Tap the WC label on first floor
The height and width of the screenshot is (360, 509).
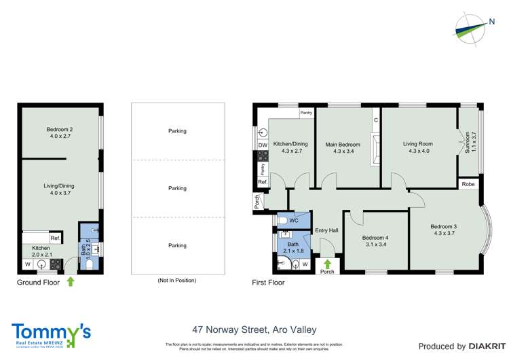click(294, 221)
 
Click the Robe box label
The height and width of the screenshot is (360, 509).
click(468, 184)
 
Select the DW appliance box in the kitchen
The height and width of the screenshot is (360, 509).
click(262, 145)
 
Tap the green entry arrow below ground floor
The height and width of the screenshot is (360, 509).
click(70, 281)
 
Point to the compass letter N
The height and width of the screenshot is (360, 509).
click(491, 21)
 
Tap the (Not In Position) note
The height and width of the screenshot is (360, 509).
click(177, 280)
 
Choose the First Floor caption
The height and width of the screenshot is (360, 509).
click(267, 283)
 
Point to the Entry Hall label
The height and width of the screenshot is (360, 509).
click(327, 231)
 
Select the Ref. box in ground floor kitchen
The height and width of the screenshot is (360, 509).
click(54, 238)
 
